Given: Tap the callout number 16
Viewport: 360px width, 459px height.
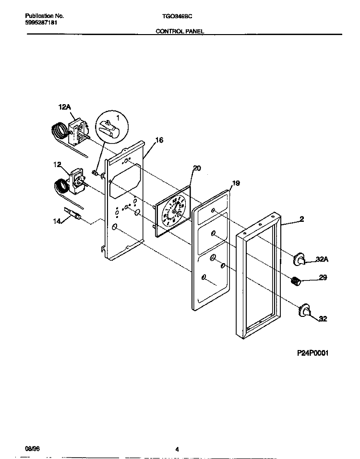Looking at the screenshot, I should pos(159,140).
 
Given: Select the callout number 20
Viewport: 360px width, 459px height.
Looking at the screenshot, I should pos(196,168).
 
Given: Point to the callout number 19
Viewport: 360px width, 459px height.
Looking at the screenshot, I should pos(236,183).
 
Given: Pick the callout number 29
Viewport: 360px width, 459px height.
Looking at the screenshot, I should pos(323,278).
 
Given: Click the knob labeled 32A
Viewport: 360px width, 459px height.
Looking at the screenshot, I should pos(300,260).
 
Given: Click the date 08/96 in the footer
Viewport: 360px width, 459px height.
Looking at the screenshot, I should pos(32,448).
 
